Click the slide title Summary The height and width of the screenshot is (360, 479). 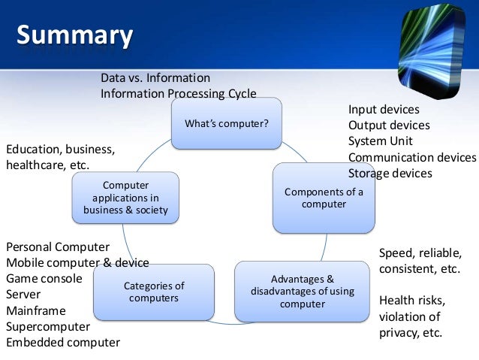(74, 35)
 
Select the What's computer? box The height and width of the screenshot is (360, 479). (227, 123)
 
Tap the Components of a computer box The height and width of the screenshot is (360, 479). (324, 198)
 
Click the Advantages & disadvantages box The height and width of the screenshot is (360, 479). (302, 292)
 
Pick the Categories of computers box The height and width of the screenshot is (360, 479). (154, 292)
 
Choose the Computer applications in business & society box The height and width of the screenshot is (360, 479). (125, 198)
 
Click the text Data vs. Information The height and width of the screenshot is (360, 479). (155, 77)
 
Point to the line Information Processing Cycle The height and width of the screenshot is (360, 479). (179, 94)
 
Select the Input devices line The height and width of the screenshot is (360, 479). (384, 110)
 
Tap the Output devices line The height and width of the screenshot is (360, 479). (389, 126)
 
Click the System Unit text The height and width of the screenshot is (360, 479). (381, 141)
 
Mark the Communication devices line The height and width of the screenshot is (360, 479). (412, 157)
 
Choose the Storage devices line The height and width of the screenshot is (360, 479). (390, 173)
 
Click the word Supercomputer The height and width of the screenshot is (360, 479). (48, 327)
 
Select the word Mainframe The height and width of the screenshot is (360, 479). (36, 310)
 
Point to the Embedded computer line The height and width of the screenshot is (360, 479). (63, 343)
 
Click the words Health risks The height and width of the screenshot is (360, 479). (412, 301)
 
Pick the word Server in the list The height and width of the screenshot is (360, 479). (24, 295)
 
